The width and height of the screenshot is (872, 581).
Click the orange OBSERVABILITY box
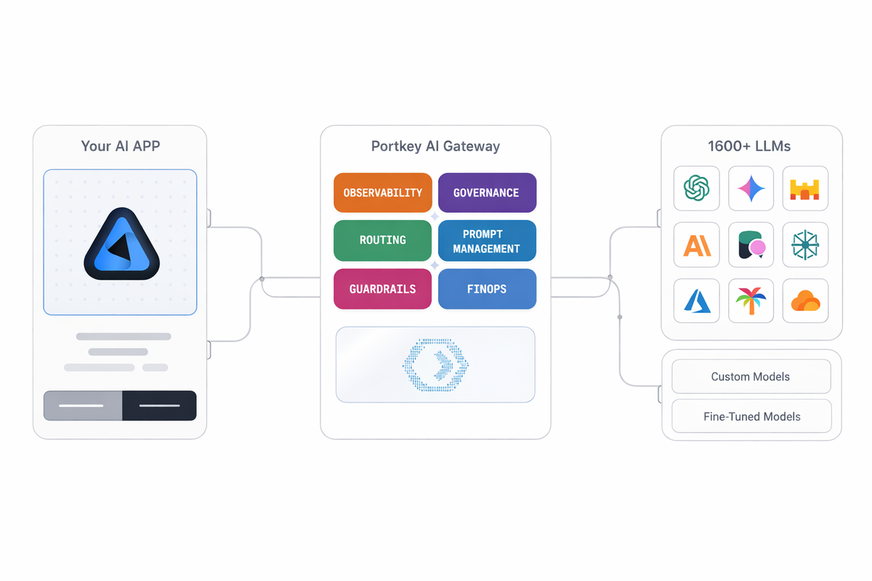click(x=382, y=192)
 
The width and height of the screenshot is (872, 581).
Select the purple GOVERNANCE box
click(x=487, y=192)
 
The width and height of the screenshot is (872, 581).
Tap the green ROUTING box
click(x=382, y=240)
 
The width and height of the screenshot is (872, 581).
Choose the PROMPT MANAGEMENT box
click(x=487, y=240)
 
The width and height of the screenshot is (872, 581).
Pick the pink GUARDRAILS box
click(x=382, y=289)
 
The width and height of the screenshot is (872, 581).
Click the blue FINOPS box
click(x=487, y=289)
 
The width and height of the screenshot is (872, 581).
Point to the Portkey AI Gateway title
click(x=435, y=146)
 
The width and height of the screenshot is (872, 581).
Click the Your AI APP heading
click(x=120, y=146)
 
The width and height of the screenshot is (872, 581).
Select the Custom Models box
click(x=751, y=377)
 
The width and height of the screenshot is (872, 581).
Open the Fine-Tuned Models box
click(x=751, y=417)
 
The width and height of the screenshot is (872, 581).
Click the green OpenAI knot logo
click(x=696, y=189)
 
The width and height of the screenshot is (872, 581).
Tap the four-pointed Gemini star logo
click(x=751, y=189)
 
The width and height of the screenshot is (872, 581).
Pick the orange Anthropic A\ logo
click(x=696, y=245)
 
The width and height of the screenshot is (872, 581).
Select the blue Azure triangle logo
click(x=696, y=301)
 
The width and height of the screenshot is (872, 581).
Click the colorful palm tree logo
click(x=751, y=301)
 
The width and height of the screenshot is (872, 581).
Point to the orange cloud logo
click(x=805, y=301)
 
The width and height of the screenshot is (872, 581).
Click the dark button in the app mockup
click(x=159, y=405)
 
